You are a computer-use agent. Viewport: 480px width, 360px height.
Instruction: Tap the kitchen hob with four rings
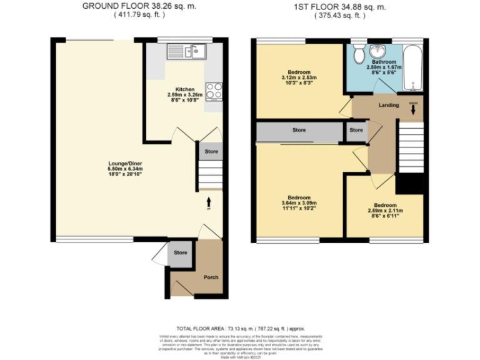tap(214, 91)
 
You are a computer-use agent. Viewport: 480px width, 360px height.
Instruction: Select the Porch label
tap(211, 277)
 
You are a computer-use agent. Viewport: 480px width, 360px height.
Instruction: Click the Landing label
tap(389, 105)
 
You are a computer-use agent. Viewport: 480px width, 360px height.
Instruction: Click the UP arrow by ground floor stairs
tap(209, 203)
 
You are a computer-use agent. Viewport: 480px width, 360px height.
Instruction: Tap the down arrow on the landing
tap(413, 109)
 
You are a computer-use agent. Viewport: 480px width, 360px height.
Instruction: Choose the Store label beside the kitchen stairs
tap(211, 151)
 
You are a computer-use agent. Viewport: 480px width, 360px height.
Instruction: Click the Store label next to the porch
tap(181, 252)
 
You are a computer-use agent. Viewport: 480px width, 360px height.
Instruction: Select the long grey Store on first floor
tap(299, 131)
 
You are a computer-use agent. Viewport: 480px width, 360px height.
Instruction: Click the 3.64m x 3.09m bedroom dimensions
tap(299, 203)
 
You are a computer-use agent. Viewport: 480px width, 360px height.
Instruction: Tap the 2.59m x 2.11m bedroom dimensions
tap(384, 211)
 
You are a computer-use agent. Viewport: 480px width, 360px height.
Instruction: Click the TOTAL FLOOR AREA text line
tap(239, 328)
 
